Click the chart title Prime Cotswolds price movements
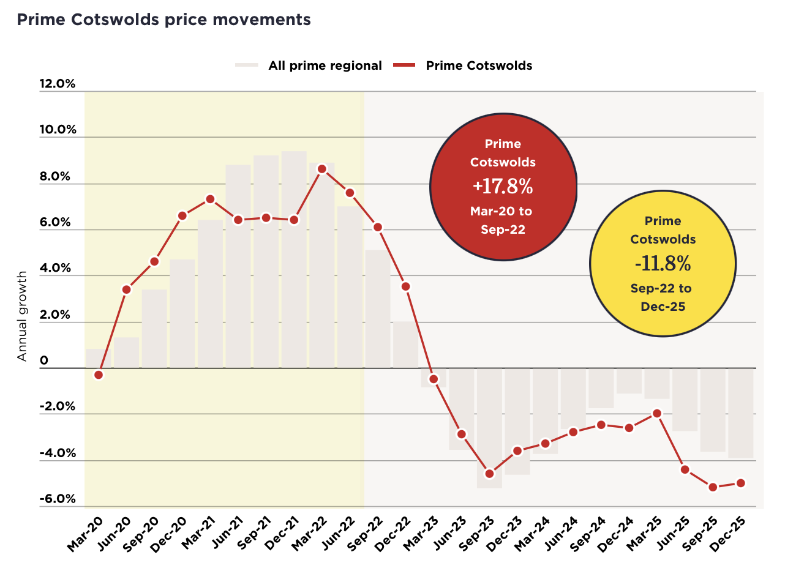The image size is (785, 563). pos(163,20)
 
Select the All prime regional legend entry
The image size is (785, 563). pos(325,65)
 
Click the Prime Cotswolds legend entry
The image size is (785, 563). pos(479,65)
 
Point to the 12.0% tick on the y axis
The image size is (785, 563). pos(57,84)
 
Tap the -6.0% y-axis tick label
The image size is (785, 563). pos(57,499)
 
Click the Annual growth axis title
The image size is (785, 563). pos(22,316)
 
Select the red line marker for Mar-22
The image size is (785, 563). pos(322,169)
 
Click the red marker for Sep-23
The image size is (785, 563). pos(489,474)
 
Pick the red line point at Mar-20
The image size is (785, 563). pos(99,375)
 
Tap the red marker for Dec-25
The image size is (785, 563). pos(740,483)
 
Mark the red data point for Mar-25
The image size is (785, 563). pos(657,413)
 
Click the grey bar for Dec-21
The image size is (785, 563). pos(294,259)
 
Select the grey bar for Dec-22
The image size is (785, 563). pos(405,345)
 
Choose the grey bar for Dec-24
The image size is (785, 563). pos(629,381)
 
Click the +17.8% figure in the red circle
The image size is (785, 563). pos(503,186)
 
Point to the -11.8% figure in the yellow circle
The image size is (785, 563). pos(663,264)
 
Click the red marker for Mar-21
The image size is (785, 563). pos(210,199)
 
